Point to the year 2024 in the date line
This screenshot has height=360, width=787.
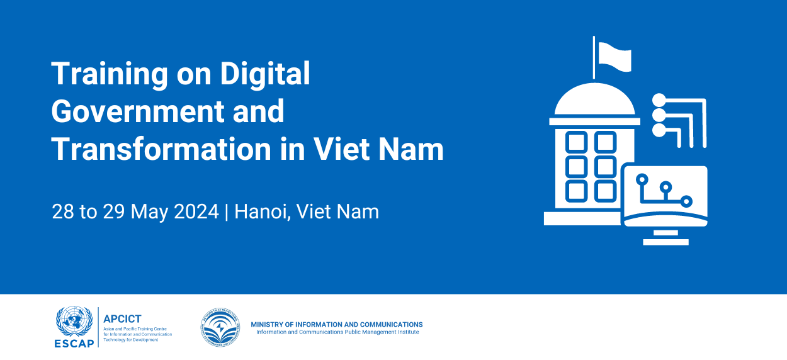(x=193, y=211)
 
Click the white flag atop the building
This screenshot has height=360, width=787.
(x=614, y=56)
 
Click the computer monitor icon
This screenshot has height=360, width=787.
(x=664, y=195)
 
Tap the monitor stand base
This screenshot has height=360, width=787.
(x=665, y=241)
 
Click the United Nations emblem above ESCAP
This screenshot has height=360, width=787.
(x=75, y=320)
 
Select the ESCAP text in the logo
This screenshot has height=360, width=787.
(x=75, y=343)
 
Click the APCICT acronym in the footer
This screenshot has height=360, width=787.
(x=122, y=319)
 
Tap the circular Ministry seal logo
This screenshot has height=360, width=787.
(x=220, y=327)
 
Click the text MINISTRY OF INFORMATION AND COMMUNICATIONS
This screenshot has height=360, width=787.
(x=337, y=325)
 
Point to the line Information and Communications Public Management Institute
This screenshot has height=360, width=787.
(x=337, y=332)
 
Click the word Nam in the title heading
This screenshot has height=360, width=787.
(x=415, y=149)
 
